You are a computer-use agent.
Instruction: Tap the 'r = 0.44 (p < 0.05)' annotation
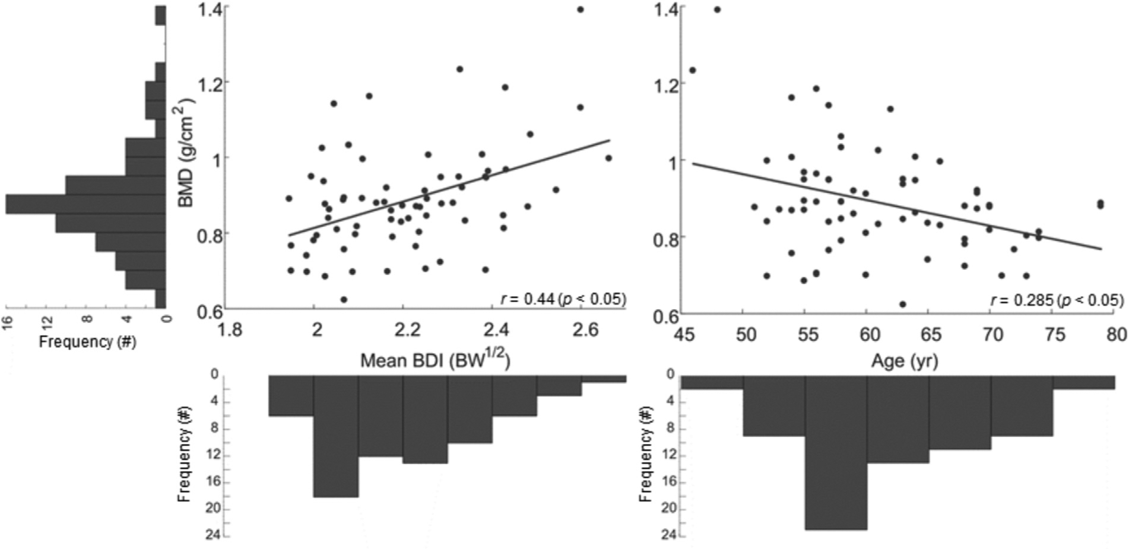coord(563,299)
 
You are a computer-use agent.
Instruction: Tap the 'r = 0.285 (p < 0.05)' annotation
coord(1057,300)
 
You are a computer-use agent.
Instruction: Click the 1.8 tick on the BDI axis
coord(229,329)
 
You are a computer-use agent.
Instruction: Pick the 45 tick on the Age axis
coord(684,334)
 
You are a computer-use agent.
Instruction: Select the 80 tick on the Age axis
coord(1115,334)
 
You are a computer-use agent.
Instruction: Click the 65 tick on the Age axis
coord(930,334)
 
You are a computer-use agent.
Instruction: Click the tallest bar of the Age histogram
coord(836,451)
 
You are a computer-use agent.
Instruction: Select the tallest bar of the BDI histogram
coord(336,436)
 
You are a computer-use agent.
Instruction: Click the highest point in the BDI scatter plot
coord(581,9)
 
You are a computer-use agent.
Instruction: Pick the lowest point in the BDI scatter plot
coord(344,299)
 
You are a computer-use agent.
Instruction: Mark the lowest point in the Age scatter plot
coord(903,304)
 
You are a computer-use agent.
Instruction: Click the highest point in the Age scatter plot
coord(717,9)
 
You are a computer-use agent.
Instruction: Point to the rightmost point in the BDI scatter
coord(608,158)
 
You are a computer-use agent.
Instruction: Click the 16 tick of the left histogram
coord(8,319)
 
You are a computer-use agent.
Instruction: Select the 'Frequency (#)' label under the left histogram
coord(87,342)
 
